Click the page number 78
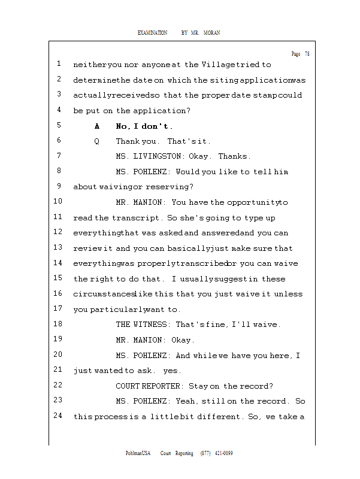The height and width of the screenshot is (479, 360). pos(307,54)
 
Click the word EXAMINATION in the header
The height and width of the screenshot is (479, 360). pos(152,33)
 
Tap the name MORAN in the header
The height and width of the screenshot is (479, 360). pos(211,33)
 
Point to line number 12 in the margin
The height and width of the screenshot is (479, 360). pos(58,232)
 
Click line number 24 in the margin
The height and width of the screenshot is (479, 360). pos(58,416)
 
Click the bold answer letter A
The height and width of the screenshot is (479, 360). pos(97,126)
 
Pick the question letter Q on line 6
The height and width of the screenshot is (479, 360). pos(97,141)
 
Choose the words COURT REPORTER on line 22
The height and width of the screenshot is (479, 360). pos(149,386)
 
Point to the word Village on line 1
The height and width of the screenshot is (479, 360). pos(219,65)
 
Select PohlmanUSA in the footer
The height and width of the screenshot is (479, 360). pos(138,453)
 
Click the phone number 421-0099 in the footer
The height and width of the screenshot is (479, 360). pos(223,453)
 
